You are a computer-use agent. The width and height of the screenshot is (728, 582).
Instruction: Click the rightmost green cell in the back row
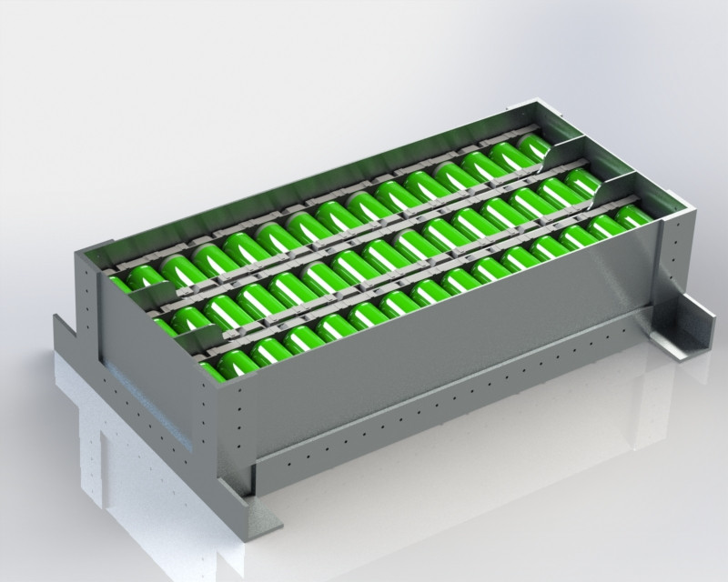(x=535, y=146)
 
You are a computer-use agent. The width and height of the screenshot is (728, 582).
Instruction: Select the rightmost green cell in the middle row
(x=582, y=181)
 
